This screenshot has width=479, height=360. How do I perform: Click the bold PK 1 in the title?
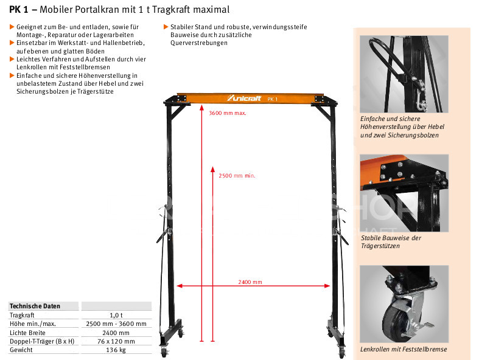pos(18,10)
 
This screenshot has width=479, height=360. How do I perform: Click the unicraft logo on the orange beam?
pos(244,98)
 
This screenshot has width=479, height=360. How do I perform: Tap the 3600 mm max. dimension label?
pos(227,113)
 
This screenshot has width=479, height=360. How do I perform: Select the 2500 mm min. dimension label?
pos(237,176)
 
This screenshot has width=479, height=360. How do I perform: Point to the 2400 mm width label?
pos(250,282)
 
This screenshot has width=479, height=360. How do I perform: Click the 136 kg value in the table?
pos(116,350)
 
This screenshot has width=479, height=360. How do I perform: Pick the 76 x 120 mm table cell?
pos(116,341)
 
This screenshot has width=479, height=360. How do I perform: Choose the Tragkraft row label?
pos(22,315)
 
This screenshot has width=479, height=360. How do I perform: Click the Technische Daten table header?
pos(35,306)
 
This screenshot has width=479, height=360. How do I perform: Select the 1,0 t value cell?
pos(116,315)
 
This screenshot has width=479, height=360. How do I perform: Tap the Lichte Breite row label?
pos(27,333)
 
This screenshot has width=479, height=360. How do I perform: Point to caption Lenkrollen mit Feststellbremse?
pos(404,349)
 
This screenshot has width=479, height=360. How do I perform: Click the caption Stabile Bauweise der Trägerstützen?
pos(391,242)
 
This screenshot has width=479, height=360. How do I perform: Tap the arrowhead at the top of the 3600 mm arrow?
pos(201,107)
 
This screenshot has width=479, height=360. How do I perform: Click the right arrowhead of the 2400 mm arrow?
pos(327,286)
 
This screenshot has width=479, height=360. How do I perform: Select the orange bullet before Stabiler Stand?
pos(166,27)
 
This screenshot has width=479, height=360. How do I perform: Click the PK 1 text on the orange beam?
pos(272,99)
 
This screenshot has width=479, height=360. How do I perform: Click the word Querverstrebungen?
pos(199,43)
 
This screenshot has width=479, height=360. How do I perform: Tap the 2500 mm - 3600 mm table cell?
pos(116,324)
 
